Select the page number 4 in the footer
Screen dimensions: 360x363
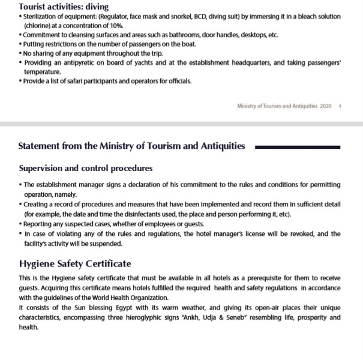click(x=340, y=106)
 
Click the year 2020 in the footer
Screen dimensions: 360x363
click(x=325, y=106)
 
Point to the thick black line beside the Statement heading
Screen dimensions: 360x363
click(x=298, y=146)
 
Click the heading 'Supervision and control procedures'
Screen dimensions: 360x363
click(x=85, y=168)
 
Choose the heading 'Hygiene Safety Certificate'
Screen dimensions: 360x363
click(x=75, y=264)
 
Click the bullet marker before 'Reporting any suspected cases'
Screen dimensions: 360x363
click(x=20, y=224)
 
